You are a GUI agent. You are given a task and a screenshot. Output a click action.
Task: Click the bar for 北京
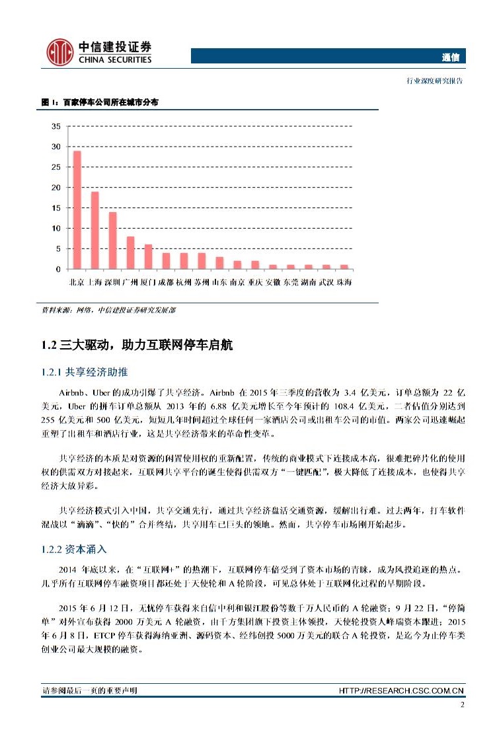tap(77, 210)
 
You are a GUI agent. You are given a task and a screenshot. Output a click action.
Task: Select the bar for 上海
tap(95, 231)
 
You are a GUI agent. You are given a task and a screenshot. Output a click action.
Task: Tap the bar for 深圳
tap(113, 240)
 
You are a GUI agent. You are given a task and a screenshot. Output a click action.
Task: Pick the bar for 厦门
tap(149, 257)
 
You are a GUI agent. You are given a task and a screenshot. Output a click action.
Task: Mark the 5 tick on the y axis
tap(57, 249)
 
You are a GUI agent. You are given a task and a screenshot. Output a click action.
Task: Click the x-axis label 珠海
tap(344, 282)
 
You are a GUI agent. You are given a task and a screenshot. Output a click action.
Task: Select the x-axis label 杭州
tap(184, 282)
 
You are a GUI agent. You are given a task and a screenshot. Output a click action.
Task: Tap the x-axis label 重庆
tap(255, 282)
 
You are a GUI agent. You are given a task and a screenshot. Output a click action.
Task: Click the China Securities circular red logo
tap(59, 53)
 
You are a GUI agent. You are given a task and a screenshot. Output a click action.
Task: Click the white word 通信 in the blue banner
tap(453, 57)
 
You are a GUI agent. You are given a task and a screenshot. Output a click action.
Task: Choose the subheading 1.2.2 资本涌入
tap(73, 550)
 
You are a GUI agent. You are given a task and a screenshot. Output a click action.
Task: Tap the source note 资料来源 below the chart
tap(108, 309)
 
